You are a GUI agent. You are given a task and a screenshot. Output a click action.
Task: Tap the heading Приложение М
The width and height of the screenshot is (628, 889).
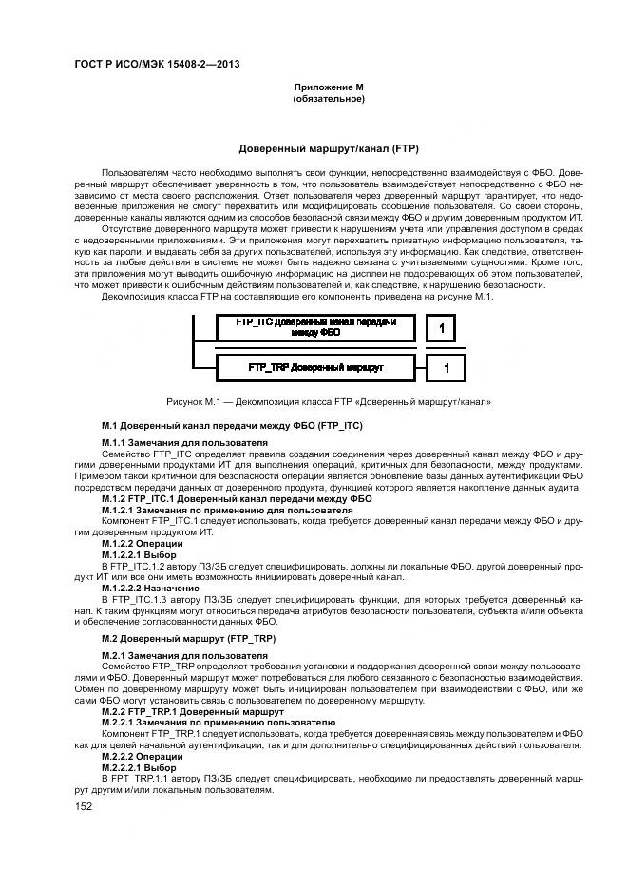point(328,87)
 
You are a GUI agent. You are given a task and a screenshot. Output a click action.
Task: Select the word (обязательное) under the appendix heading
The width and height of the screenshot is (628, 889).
point(328,99)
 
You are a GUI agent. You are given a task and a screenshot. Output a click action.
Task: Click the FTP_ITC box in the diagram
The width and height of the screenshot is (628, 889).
point(314,328)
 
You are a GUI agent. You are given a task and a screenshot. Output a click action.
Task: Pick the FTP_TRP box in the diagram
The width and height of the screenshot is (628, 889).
point(314,366)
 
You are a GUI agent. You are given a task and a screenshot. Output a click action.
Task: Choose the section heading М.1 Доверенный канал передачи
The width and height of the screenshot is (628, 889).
point(232,424)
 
